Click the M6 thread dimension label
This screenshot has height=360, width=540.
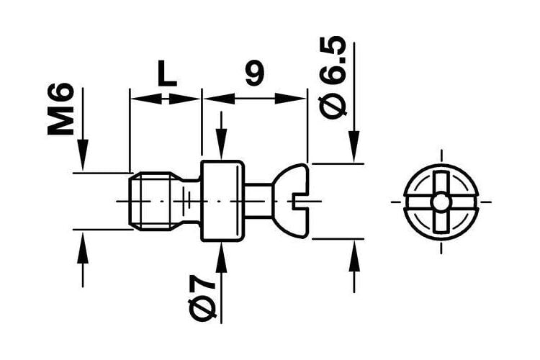click(x=61, y=109)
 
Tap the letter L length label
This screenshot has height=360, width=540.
click(x=167, y=73)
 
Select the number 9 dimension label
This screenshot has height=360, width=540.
click(x=255, y=73)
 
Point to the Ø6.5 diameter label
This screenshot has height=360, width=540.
click(x=333, y=78)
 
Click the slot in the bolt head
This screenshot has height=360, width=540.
click(x=300, y=201)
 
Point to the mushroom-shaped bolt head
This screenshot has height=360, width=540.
click(x=290, y=201)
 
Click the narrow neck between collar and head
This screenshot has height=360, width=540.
click(x=258, y=201)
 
